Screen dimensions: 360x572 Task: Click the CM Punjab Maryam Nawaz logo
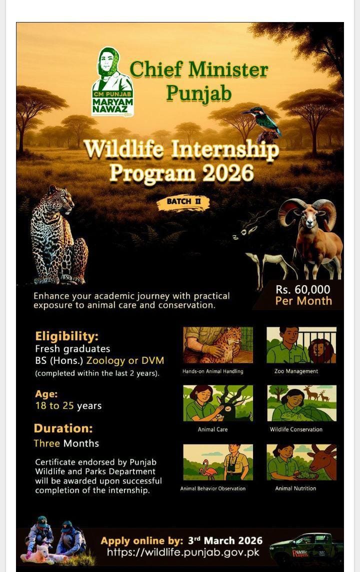112,82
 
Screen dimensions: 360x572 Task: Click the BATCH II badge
183,201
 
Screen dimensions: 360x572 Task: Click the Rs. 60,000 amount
303,289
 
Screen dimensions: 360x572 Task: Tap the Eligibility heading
66,336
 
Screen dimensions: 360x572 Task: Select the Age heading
46,394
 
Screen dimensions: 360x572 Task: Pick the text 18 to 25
54,406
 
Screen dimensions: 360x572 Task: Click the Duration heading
63,428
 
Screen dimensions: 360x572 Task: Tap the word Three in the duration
46,443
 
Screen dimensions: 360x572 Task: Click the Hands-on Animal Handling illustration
218,345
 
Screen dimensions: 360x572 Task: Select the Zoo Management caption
296,371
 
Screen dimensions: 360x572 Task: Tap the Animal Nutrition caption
295,488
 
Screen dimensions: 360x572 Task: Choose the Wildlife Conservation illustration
301,403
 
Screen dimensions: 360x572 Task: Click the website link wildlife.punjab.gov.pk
183,552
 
